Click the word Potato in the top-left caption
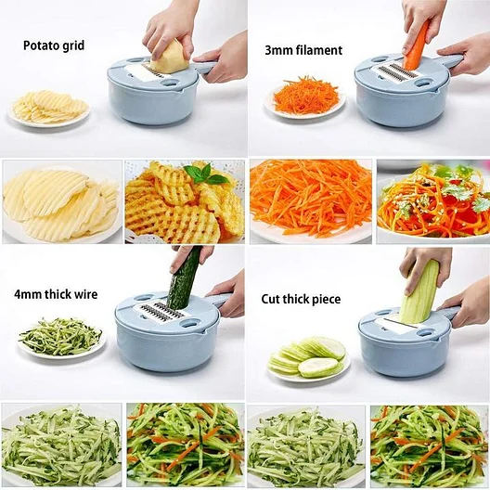(40, 45)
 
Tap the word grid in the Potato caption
(72, 45)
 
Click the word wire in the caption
(85, 294)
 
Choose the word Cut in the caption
(270, 299)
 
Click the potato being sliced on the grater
(170, 57)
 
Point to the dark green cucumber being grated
(182, 278)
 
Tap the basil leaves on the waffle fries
(205, 174)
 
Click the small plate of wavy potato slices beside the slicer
(49, 109)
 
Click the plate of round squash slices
(308, 359)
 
